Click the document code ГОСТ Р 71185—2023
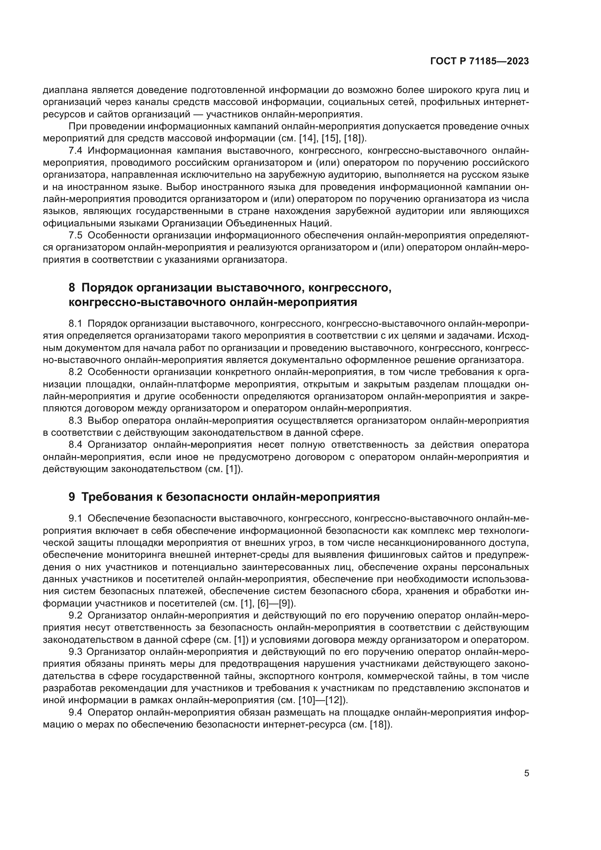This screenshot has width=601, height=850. click(480, 61)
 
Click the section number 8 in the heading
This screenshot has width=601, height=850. click(72, 288)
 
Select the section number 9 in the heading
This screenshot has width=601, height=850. click(72, 497)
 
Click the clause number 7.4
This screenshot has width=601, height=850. click(76, 151)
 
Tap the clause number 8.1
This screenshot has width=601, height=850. click(76, 323)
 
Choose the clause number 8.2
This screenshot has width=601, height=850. click(76, 372)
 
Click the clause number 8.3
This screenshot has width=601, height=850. click(76, 420)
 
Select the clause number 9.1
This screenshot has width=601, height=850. click(76, 518)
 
